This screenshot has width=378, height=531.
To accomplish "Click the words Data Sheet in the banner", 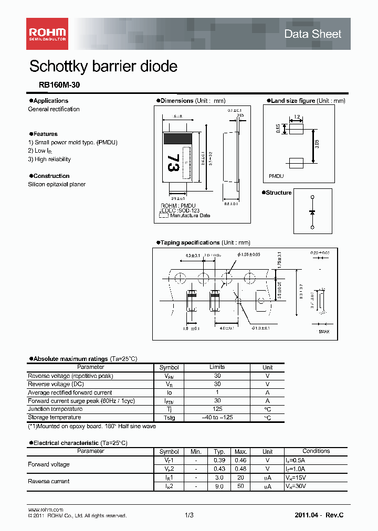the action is (312, 34).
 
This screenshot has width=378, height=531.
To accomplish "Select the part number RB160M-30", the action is (59, 84).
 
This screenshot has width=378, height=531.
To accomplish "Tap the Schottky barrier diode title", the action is (103, 67).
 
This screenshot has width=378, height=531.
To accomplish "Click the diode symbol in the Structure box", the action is (312, 212).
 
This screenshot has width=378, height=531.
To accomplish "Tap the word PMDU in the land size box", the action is (276, 177).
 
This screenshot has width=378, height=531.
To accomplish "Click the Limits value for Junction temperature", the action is (217, 409).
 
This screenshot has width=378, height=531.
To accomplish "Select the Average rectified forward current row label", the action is (69, 392).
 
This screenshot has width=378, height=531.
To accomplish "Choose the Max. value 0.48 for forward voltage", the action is (241, 468).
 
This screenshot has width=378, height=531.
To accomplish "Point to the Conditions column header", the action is (316, 451).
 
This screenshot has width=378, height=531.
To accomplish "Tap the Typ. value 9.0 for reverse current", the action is (219, 486).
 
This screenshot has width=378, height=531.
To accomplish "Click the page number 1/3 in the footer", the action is (189, 516).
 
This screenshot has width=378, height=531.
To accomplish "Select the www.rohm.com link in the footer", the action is (45, 510).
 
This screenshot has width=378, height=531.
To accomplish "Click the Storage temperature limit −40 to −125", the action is (217, 417).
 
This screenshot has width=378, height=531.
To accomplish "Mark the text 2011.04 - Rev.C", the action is (319, 516).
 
